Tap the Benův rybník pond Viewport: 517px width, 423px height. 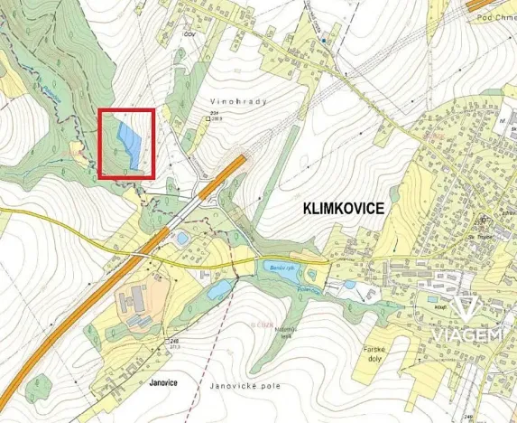pyautogui.click(x=276, y=268)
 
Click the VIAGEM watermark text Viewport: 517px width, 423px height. pyautogui.click(x=466, y=335)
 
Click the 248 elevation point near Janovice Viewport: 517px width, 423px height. pyautogui.click(x=172, y=341)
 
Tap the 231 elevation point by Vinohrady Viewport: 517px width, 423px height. pyautogui.click(x=215, y=114)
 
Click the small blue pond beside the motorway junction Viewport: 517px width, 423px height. pyautogui.click(x=183, y=238)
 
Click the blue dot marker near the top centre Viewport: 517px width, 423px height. pyautogui.click(x=322, y=40)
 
